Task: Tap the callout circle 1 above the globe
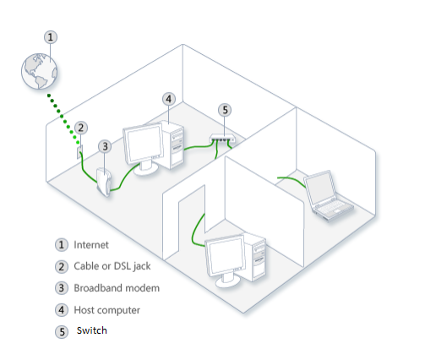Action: pos(52,37)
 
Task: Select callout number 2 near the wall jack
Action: pos(81,128)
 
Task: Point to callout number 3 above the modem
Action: pos(105,146)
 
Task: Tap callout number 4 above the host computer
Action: pos(169,99)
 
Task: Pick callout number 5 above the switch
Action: pos(224,110)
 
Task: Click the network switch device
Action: pos(222,139)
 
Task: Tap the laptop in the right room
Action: pos(325,194)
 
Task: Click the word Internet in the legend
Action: pos(92,245)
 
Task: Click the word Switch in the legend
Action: pos(92,330)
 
